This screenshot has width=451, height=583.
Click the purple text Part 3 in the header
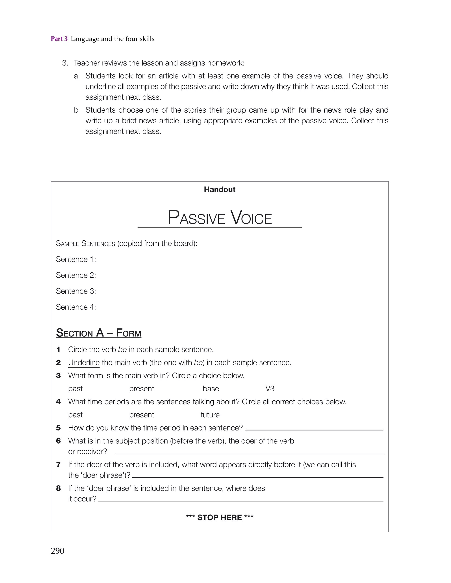click(59, 39)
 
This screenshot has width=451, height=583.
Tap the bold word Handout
click(219, 189)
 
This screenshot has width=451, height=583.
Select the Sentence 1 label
click(76, 259)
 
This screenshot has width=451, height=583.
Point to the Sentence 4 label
click(76, 307)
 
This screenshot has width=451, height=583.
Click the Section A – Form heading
click(98, 333)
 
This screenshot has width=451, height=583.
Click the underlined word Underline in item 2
click(84, 362)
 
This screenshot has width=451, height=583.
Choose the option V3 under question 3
click(270, 389)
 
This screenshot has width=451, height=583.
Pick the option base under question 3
click(211, 389)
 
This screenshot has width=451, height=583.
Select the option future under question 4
click(210, 415)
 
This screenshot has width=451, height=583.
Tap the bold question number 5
click(58, 428)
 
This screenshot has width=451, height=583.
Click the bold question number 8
click(58, 488)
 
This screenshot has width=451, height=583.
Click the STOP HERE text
click(219, 518)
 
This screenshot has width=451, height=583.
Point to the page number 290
click(57, 551)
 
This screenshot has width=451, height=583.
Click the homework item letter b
click(76, 110)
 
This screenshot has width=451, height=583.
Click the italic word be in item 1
click(122, 349)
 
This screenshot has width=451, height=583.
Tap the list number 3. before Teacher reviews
click(65, 63)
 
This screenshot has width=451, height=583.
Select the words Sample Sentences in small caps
click(85, 243)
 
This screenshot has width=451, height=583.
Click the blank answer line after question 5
click(314, 429)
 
